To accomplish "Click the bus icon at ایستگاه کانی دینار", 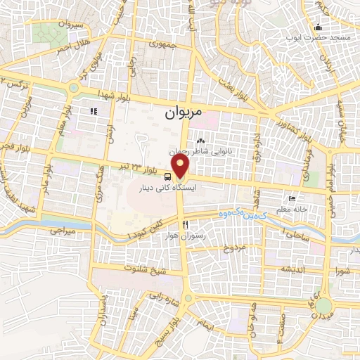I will pos(169,176).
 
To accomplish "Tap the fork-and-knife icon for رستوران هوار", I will pos(186,224).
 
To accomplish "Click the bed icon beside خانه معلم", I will pos(292,199).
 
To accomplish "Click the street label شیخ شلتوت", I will pos(128,269).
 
